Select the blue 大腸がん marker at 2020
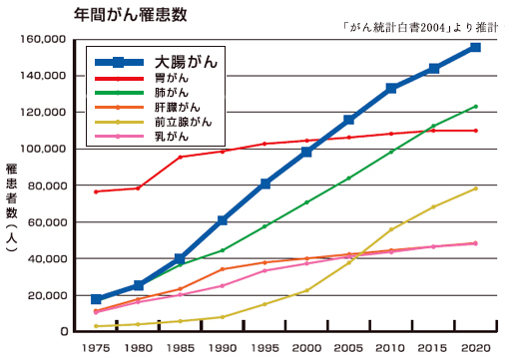475,47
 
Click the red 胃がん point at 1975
96,191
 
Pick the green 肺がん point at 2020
475,106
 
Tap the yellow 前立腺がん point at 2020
475,187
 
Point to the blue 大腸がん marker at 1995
265,183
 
